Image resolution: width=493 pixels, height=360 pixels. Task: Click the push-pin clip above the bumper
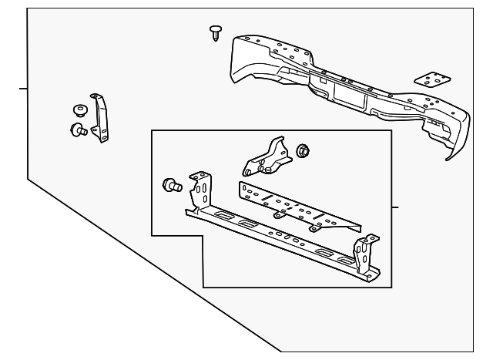(x=215, y=32)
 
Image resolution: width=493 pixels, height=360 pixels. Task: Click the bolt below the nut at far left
(x=77, y=130)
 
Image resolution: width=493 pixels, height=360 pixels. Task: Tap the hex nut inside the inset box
(x=304, y=150)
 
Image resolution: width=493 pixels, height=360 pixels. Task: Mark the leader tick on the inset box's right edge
(x=394, y=207)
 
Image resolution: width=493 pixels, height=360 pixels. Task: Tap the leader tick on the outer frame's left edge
(x=23, y=89)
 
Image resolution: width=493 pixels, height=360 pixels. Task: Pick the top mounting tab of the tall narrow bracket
(x=95, y=96)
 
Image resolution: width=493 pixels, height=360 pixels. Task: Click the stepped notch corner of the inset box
(x=202, y=234)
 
